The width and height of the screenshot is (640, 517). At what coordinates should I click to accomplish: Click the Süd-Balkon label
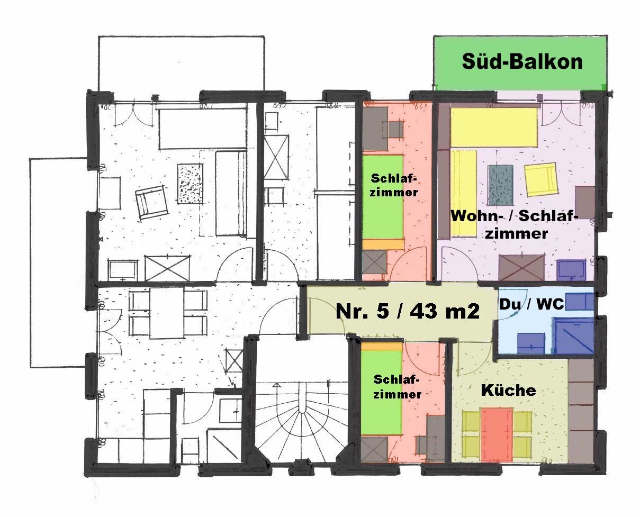[x=522, y=61]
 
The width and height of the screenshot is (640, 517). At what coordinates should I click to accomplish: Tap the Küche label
[x=508, y=390]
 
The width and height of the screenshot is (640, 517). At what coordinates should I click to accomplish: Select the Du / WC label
[x=531, y=304]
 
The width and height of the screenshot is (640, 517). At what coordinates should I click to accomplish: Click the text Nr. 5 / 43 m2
[x=408, y=311]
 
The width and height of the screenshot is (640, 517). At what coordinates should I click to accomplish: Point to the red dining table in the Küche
[x=497, y=435]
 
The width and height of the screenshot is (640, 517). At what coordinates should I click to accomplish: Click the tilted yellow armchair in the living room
[x=541, y=179]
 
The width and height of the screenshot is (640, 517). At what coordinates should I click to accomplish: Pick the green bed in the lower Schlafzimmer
[x=381, y=392]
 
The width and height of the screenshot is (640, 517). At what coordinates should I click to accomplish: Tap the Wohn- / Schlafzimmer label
[x=515, y=224]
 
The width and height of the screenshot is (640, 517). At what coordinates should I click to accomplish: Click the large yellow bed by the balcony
[x=494, y=126]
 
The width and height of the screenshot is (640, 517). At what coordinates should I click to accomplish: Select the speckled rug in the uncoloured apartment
[x=190, y=184]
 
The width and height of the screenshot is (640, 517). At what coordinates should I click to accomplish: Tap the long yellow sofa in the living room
[x=464, y=193]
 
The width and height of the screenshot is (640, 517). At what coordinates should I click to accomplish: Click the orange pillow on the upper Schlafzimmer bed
[x=383, y=244]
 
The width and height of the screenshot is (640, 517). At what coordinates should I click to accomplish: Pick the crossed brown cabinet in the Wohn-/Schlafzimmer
[x=521, y=267]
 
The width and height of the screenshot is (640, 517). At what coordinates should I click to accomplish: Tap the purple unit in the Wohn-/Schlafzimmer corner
[x=572, y=269]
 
